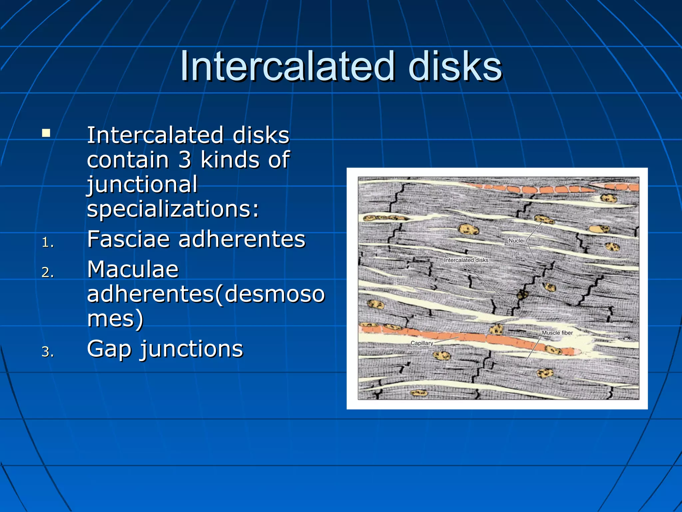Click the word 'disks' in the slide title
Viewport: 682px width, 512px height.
click(x=455, y=67)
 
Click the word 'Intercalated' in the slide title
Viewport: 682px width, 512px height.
click(x=287, y=67)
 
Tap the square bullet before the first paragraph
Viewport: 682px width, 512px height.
click(x=46, y=134)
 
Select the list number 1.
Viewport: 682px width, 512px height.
click(x=48, y=242)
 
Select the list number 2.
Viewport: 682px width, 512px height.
click(x=48, y=272)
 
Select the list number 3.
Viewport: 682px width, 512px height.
click(x=48, y=352)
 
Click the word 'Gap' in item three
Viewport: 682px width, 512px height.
click(x=109, y=349)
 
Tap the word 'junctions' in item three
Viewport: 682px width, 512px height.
click(x=192, y=349)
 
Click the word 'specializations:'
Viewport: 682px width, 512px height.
click(x=173, y=209)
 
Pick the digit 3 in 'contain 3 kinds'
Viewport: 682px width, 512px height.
click(x=184, y=160)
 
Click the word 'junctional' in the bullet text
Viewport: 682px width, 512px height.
click(x=142, y=184)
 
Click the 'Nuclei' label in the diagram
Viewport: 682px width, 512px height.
click(x=516, y=241)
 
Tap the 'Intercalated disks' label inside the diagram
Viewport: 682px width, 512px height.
click(x=466, y=260)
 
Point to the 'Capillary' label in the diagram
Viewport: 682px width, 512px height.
click(x=422, y=343)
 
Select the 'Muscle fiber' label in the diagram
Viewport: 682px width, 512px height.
click(x=557, y=333)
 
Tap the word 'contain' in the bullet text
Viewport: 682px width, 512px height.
click(x=128, y=160)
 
